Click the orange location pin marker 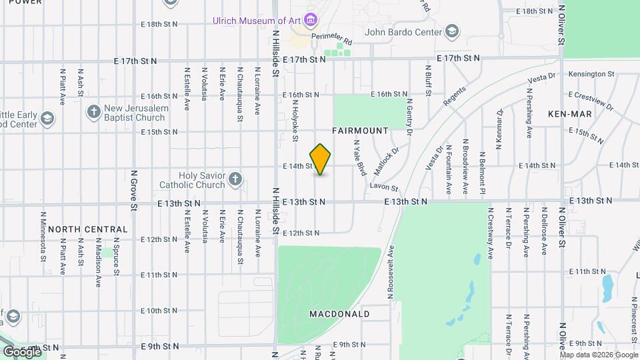click(x=321, y=159)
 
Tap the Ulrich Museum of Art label click(x=256, y=21)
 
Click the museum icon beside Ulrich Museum click(x=310, y=19)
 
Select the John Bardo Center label click(x=403, y=31)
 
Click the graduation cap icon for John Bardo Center click(x=453, y=31)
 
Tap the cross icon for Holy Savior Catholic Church click(x=234, y=179)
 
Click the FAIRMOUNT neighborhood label click(x=360, y=131)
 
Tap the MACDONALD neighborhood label click(x=339, y=313)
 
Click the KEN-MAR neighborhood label click(x=570, y=115)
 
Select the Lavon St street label click(x=385, y=189)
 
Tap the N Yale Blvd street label click(x=361, y=158)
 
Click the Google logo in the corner click(x=21, y=351)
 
